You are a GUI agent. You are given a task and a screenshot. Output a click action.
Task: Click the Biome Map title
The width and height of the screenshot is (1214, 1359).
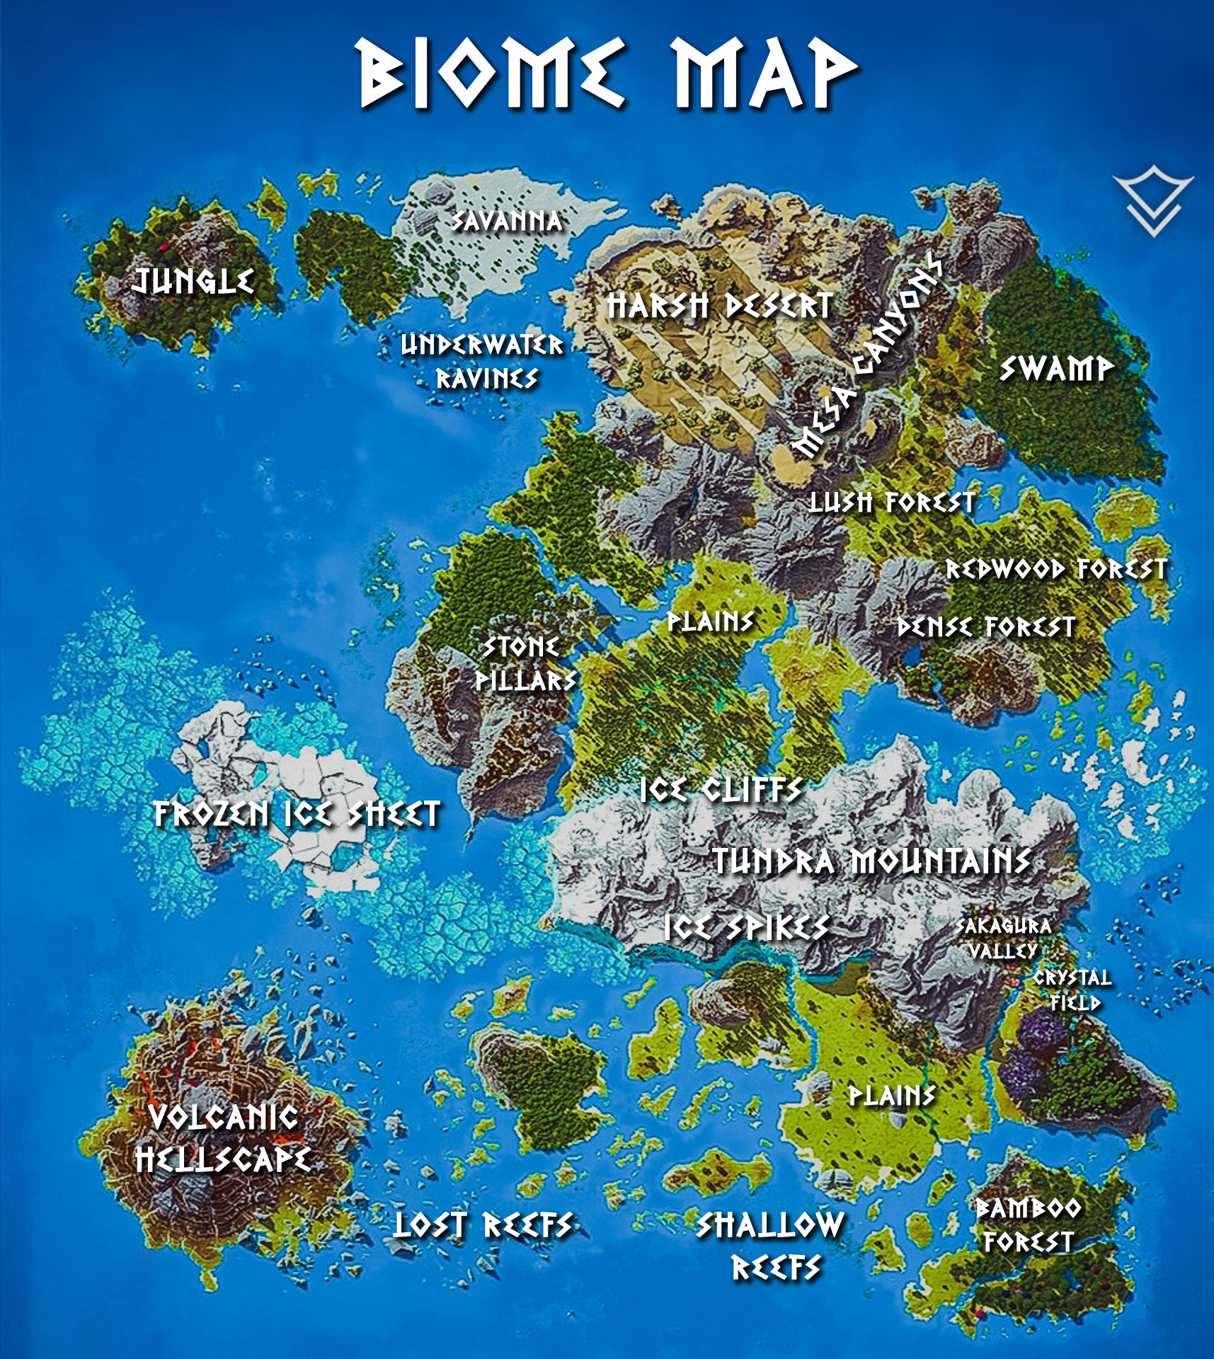[607, 74]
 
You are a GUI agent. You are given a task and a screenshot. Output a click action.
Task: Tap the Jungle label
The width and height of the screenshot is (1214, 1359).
[193, 282]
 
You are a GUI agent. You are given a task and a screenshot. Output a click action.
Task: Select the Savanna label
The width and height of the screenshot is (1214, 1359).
[508, 222]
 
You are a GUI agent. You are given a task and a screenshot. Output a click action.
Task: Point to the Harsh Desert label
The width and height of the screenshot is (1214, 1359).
[720, 306]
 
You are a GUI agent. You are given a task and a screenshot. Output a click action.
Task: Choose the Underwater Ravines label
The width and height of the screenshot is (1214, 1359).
[483, 362]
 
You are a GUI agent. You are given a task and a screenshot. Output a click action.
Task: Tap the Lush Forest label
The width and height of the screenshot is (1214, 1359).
[892, 503]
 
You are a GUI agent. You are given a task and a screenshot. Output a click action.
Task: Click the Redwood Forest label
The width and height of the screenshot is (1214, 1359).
[1056, 569]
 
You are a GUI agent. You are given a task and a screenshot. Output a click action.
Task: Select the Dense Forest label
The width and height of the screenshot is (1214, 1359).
[986, 627]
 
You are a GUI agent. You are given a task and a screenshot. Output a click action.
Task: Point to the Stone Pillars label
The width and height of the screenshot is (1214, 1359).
[525, 663]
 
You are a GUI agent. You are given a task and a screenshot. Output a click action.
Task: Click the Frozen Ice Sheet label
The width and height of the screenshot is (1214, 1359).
[297, 814]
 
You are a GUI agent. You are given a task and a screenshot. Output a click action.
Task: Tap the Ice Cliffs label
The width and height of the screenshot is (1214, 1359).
[721, 790]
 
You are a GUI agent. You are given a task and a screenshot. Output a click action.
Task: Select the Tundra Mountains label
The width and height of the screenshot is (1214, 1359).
[871, 861]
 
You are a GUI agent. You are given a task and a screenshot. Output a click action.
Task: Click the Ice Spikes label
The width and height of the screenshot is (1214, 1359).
[747, 928]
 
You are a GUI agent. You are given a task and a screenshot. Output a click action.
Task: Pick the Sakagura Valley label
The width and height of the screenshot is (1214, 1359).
[1004, 939]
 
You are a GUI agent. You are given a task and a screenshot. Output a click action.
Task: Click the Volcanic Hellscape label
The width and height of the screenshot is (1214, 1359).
[224, 1139]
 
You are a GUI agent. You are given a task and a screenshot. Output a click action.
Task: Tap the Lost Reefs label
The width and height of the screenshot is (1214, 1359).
[483, 1225]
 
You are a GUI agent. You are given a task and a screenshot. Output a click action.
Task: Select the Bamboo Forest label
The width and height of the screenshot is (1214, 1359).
[1029, 1225]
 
